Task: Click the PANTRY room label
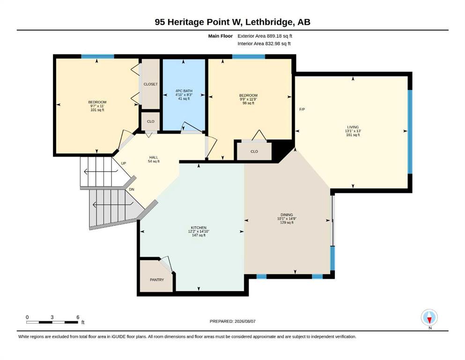(x=156, y=279)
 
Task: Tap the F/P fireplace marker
(x=302, y=109)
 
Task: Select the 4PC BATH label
(x=184, y=91)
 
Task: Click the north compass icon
(x=429, y=317)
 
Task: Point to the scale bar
(x=52, y=322)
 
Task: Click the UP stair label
(x=123, y=163)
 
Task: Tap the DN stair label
(x=132, y=189)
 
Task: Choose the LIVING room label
(x=353, y=127)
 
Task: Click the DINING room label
(x=287, y=215)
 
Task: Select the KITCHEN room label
(x=199, y=228)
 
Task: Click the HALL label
(x=154, y=157)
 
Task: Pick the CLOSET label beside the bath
(x=151, y=84)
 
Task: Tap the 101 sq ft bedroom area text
(x=97, y=110)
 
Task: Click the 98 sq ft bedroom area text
(x=249, y=103)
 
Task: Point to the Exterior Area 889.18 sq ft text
(x=265, y=36)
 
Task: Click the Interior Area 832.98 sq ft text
(x=264, y=44)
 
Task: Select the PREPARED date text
(x=232, y=321)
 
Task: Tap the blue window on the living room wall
(x=410, y=131)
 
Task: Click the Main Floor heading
(x=221, y=36)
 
